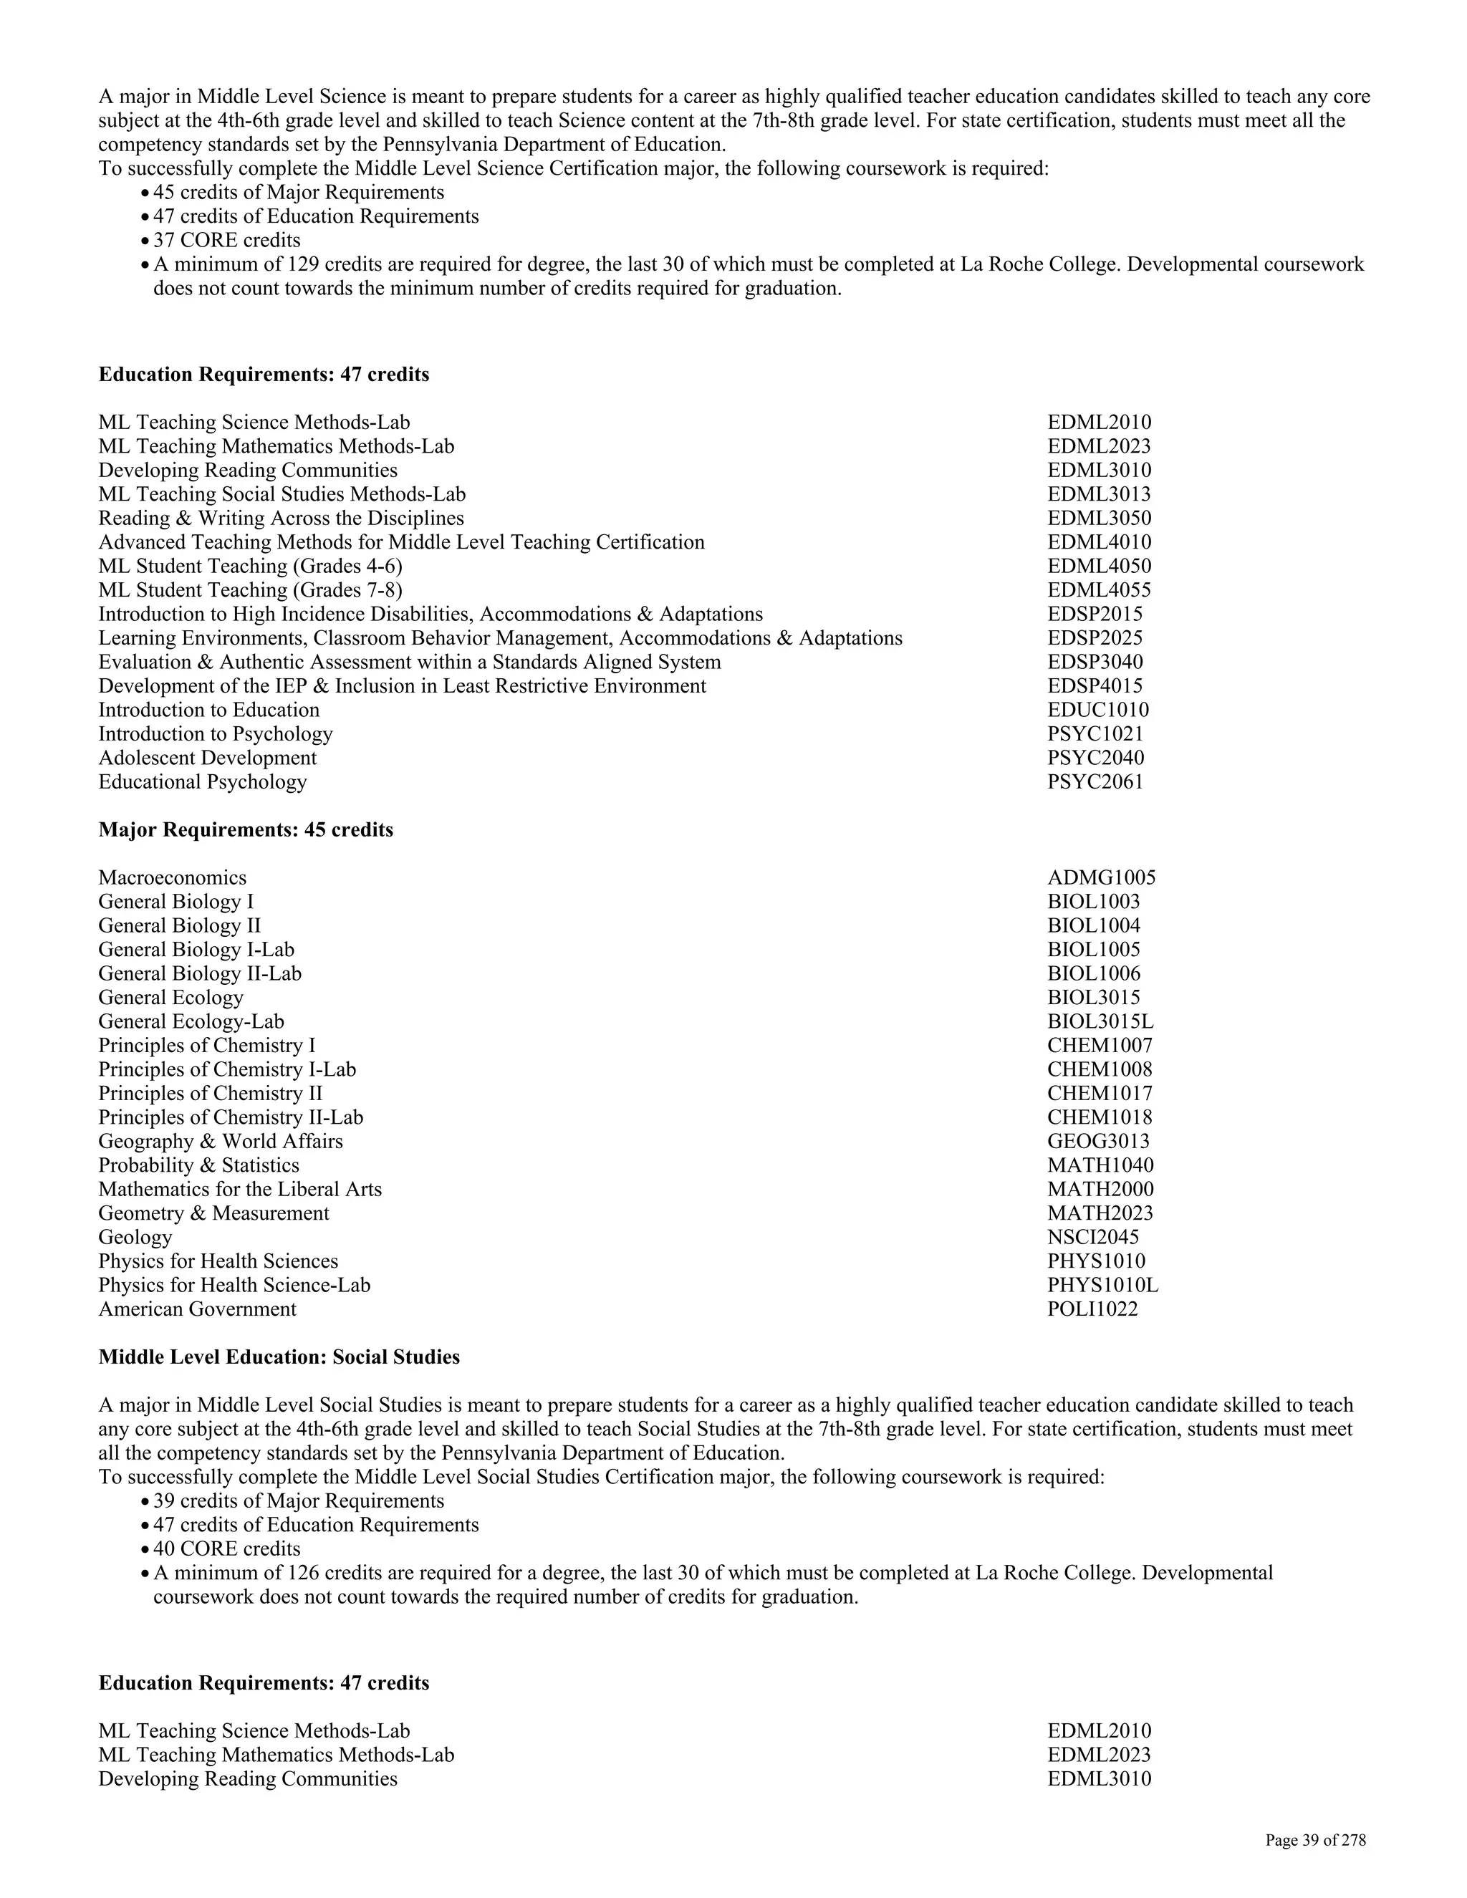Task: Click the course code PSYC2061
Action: pyautogui.click(x=1095, y=781)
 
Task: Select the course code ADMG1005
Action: pyautogui.click(x=1101, y=878)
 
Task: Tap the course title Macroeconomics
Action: pyautogui.click(x=172, y=878)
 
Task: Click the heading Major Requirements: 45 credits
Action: pyautogui.click(x=245, y=830)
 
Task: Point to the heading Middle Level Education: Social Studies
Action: pyautogui.click(x=279, y=1357)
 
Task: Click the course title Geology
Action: pyautogui.click(x=135, y=1238)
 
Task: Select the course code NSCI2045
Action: pyautogui.click(x=1092, y=1238)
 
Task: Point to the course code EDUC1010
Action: pyautogui.click(x=1097, y=710)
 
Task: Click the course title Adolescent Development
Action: pyautogui.click(x=207, y=758)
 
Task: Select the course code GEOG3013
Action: pyautogui.click(x=1097, y=1142)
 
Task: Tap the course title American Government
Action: pyautogui.click(x=197, y=1310)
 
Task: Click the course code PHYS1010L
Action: pyautogui.click(x=1102, y=1286)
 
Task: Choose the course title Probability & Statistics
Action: pyautogui.click(x=198, y=1165)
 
